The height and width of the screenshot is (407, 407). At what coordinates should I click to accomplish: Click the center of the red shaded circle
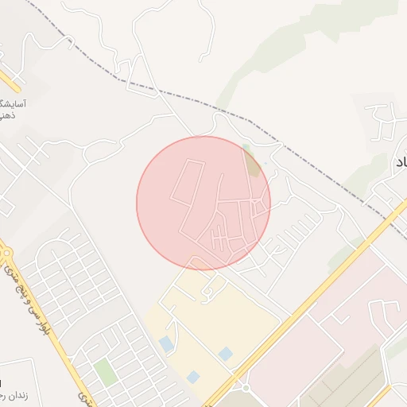[x=203, y=203]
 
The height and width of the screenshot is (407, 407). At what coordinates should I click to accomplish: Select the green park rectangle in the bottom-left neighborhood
[x=105, y=370]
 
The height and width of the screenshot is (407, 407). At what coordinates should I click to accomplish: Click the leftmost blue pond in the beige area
[x=165, y=343]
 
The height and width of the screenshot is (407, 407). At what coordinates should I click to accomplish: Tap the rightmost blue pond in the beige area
[x=226, y=353]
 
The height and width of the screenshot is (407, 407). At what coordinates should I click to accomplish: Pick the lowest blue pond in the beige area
[x=193, y=376]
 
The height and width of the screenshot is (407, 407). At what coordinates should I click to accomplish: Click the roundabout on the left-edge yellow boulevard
[x=7, y=254]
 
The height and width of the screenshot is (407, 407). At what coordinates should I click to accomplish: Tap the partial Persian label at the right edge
[x=400, y=161]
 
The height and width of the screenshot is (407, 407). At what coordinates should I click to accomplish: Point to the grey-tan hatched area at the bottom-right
[x=350, y=382]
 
